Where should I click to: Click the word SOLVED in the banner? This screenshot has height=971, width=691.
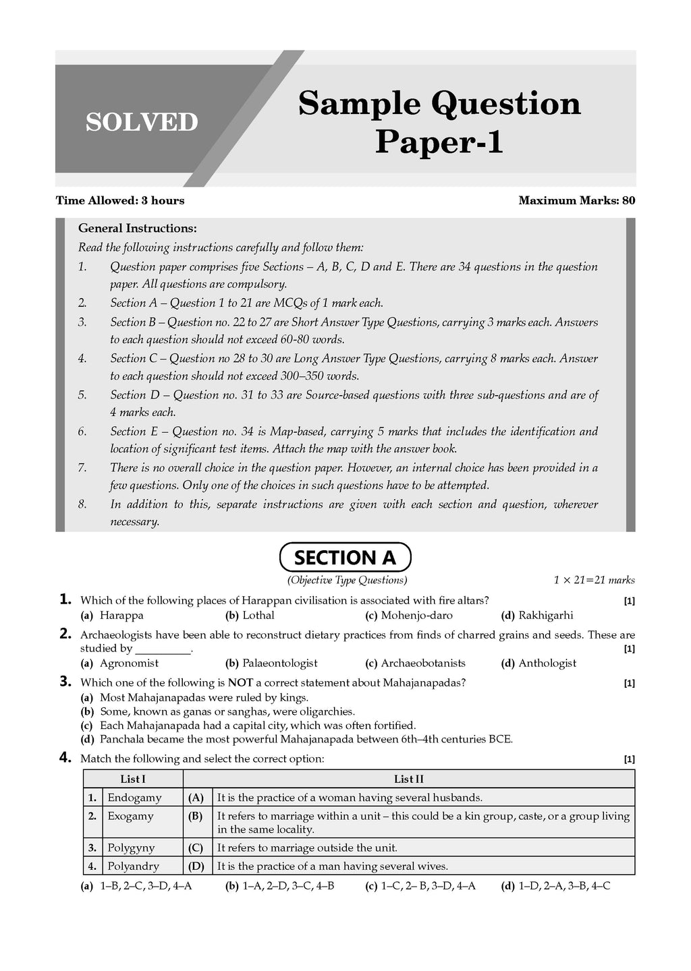click(142, 122)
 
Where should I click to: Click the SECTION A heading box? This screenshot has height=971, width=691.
click(345, 558)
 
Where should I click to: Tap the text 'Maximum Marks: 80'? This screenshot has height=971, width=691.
click(576, 200)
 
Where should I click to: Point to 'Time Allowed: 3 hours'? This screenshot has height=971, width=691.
click(119, 200)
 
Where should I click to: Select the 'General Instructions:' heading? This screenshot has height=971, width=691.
click(138, 229)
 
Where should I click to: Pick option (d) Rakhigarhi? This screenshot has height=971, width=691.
click(537, 615)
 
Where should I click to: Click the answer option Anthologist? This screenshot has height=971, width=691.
click(538, 663)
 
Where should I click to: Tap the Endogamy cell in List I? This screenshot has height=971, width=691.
click(134, 798)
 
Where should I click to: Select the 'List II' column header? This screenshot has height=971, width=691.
click(408, 779)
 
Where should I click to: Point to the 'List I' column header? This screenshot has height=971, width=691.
click(133, 779)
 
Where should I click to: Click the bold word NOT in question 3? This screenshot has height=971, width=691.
click(240, 682)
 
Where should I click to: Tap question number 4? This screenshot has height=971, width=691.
click(65, 758)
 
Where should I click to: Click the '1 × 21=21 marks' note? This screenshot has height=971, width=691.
click(594, 580)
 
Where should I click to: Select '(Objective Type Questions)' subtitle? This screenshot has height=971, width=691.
click(347, 580)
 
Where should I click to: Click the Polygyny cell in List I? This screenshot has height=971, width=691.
click(131, 848)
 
